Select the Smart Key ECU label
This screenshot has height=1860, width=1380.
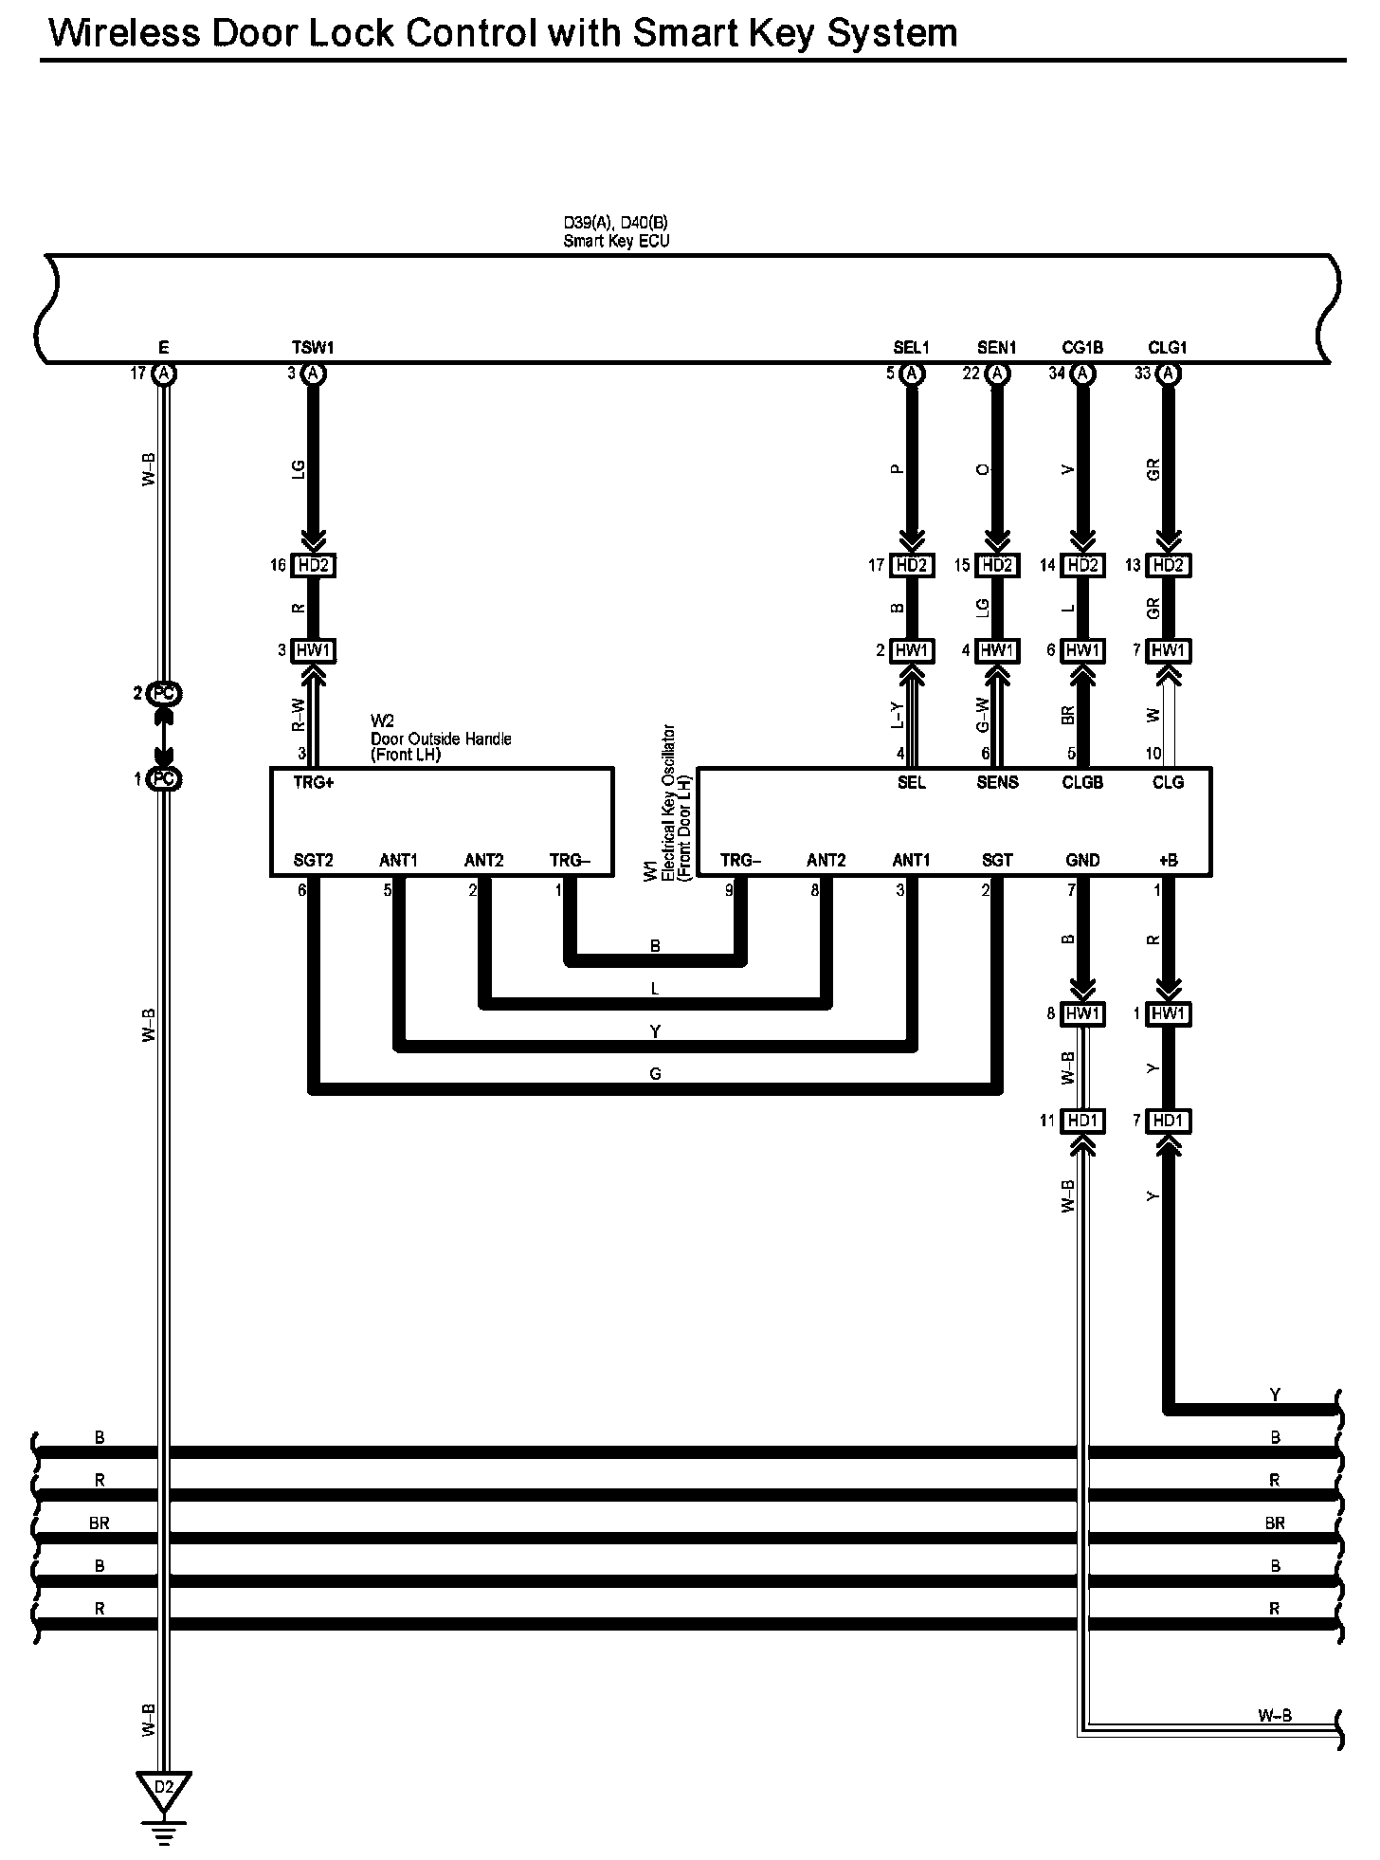tap(616, 241)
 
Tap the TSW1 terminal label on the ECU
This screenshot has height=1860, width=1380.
tap(313, 348)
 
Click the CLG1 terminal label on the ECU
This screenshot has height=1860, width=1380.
tap(1168, 348)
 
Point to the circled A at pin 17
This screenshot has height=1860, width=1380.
tap(165, 374)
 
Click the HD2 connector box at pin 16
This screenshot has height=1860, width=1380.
tap(313, 566)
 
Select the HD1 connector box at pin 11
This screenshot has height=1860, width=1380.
tap(1082, 1121)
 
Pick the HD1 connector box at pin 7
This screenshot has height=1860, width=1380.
tap(1168, 1121)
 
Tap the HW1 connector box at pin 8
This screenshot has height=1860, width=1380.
tap(1082, 1013)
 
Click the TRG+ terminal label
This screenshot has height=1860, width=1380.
tap(314, 783)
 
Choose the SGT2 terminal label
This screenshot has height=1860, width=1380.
tap(314, 861)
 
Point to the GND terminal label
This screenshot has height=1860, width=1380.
tap(1082, 861)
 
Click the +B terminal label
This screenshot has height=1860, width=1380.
tap(1168, 861)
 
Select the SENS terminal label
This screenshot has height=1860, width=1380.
tap(997, 783)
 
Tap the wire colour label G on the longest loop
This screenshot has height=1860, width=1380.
tap(655, 1074)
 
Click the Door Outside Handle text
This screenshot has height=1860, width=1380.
tap(441, 739)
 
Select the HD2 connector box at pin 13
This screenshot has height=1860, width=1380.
tap(1168, 566)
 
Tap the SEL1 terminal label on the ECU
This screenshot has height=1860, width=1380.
tap(911, 348)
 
